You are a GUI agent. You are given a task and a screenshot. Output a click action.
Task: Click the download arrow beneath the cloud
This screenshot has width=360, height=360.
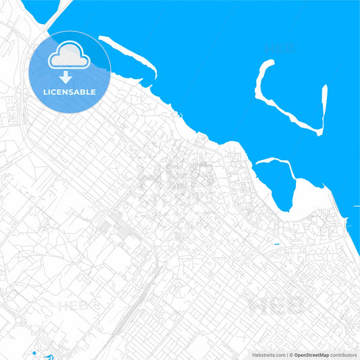[66, 76]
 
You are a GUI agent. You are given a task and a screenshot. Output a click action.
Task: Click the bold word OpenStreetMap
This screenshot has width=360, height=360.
[311, 354]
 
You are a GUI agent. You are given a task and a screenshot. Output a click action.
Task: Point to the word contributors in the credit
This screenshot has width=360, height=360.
[342, 354]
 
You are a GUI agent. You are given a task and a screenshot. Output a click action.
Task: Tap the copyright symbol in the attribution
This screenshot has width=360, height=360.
[290, 354]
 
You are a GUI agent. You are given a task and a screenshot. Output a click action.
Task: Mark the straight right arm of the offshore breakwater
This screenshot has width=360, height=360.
[324, 108]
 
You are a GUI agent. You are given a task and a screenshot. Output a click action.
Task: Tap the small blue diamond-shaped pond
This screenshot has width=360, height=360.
[34, 353]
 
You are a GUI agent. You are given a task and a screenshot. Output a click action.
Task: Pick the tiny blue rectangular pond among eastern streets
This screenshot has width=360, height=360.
[278, 244]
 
